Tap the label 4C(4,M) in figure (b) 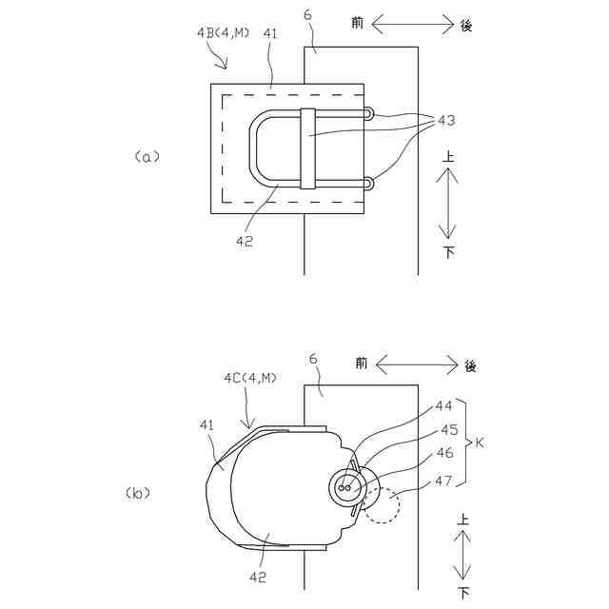(249, 378)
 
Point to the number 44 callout (444, 406)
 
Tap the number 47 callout (444, 481)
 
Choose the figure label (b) (136, 493)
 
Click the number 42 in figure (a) (246, 240)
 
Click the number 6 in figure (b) (314, 359)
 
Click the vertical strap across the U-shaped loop (306, 149)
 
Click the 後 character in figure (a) (466, 26)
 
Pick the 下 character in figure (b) (463, 593)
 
